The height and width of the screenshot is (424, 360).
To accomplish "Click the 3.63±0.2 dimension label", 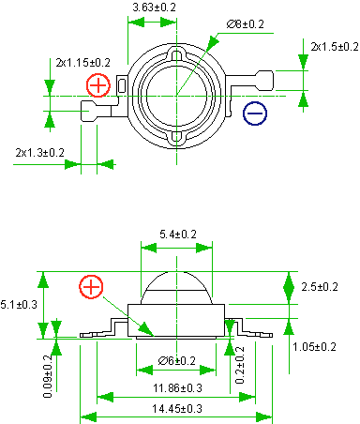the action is [x=155, y=7].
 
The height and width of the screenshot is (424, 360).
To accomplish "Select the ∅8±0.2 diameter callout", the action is [x=246, y=24].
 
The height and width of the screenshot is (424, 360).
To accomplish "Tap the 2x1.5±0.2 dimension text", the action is [x=335, y=47].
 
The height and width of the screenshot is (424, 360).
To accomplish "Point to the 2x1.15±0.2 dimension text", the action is [x=83, y=63].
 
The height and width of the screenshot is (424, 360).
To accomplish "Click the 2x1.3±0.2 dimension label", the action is [x=40, y=153].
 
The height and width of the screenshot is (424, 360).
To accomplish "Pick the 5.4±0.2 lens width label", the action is [x=178, y=234].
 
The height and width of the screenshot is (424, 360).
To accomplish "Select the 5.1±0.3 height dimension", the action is [x=19, y=304].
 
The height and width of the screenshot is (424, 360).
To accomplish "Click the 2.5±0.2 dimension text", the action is [x=320, y=287].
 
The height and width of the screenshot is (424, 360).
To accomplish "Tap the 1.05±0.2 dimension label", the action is [x=314, y=347].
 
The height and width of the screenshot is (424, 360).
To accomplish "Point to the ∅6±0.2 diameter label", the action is [x=177, y=361].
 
